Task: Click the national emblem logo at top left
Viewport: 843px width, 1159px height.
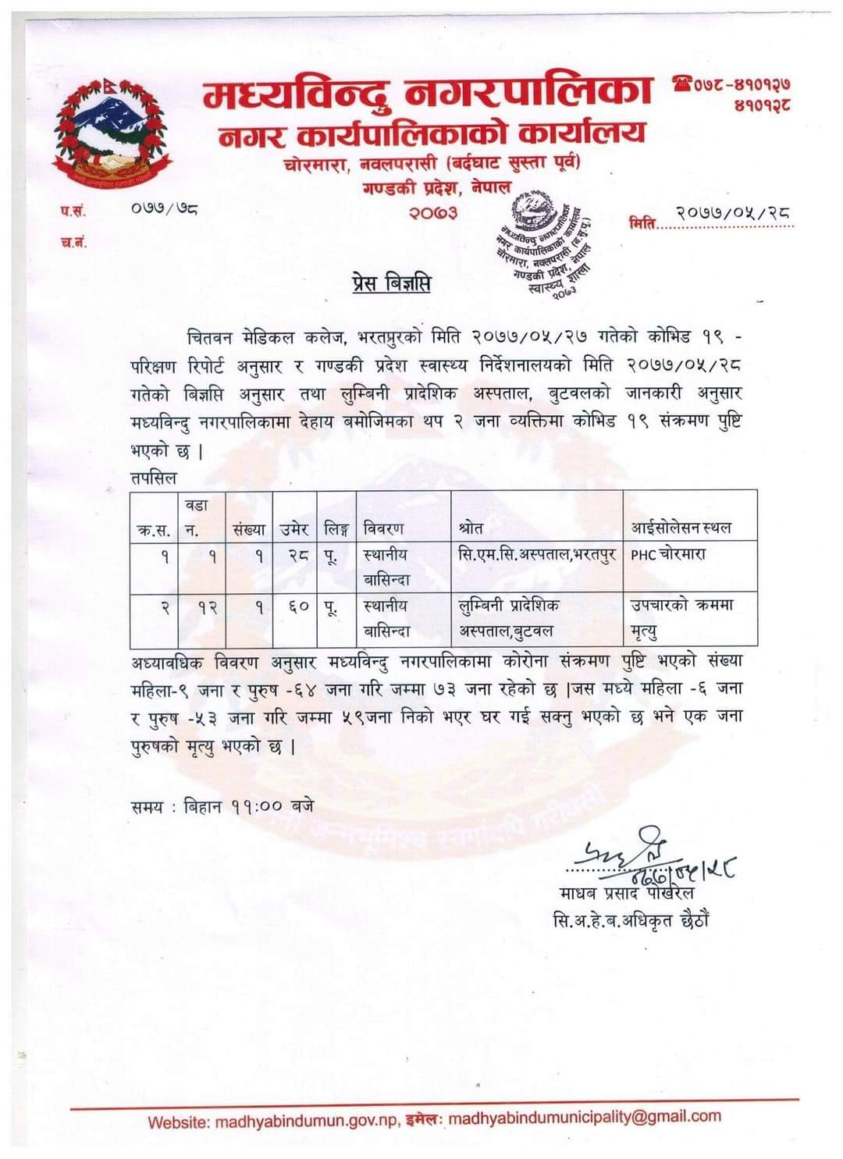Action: (x=109, y=132)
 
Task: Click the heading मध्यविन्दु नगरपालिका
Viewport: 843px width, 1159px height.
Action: (x=427, y=95)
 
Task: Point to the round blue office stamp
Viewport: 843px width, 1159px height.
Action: (x=544, y=243)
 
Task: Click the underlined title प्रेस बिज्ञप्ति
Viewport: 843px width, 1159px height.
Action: (x=390, y=283)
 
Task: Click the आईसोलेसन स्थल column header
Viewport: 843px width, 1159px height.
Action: (x=681, y=528)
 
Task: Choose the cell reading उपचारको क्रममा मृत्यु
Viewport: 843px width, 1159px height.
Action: (x=682, y=617)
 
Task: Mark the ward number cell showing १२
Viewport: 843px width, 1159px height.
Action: (x=206, y=606)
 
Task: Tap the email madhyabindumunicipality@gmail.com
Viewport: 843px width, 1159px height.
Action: (x=585, y=1118)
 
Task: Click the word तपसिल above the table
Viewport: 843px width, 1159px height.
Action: (x=154, y=478)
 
